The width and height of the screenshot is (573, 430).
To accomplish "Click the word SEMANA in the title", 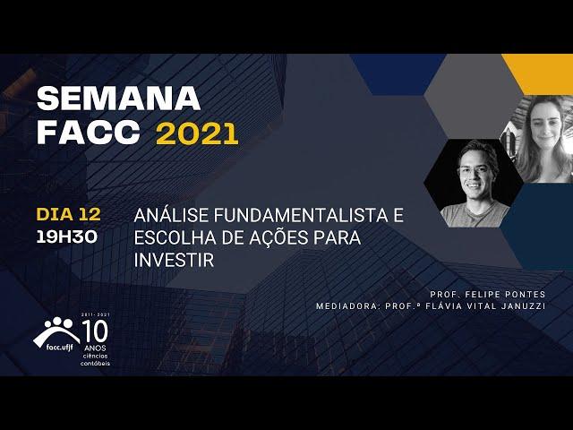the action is [x=119, y=99].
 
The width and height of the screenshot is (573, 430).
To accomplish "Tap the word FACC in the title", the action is [x=89, y=133].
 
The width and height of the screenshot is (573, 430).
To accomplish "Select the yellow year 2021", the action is [x=197, y=133].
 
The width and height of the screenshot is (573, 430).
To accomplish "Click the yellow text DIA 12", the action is [x=68, y=214].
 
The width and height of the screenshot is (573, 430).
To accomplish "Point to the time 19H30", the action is [x=67, y=237].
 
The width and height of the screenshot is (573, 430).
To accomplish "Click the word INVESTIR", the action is [x=174, y=261].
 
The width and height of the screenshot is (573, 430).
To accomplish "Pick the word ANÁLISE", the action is [x=171, y=215].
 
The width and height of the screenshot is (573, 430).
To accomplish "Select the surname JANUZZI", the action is [x=523, y=306].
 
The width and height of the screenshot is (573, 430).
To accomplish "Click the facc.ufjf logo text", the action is [x=60, y=348].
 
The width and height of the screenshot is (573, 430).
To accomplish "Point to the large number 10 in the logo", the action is [x=95, y=331].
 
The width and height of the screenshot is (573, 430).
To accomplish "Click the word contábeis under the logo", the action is [x=95, y=364].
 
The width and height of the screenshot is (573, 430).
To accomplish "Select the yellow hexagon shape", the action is [x=537, y=74].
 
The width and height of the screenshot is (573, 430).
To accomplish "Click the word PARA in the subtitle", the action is [x=338, y=238].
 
